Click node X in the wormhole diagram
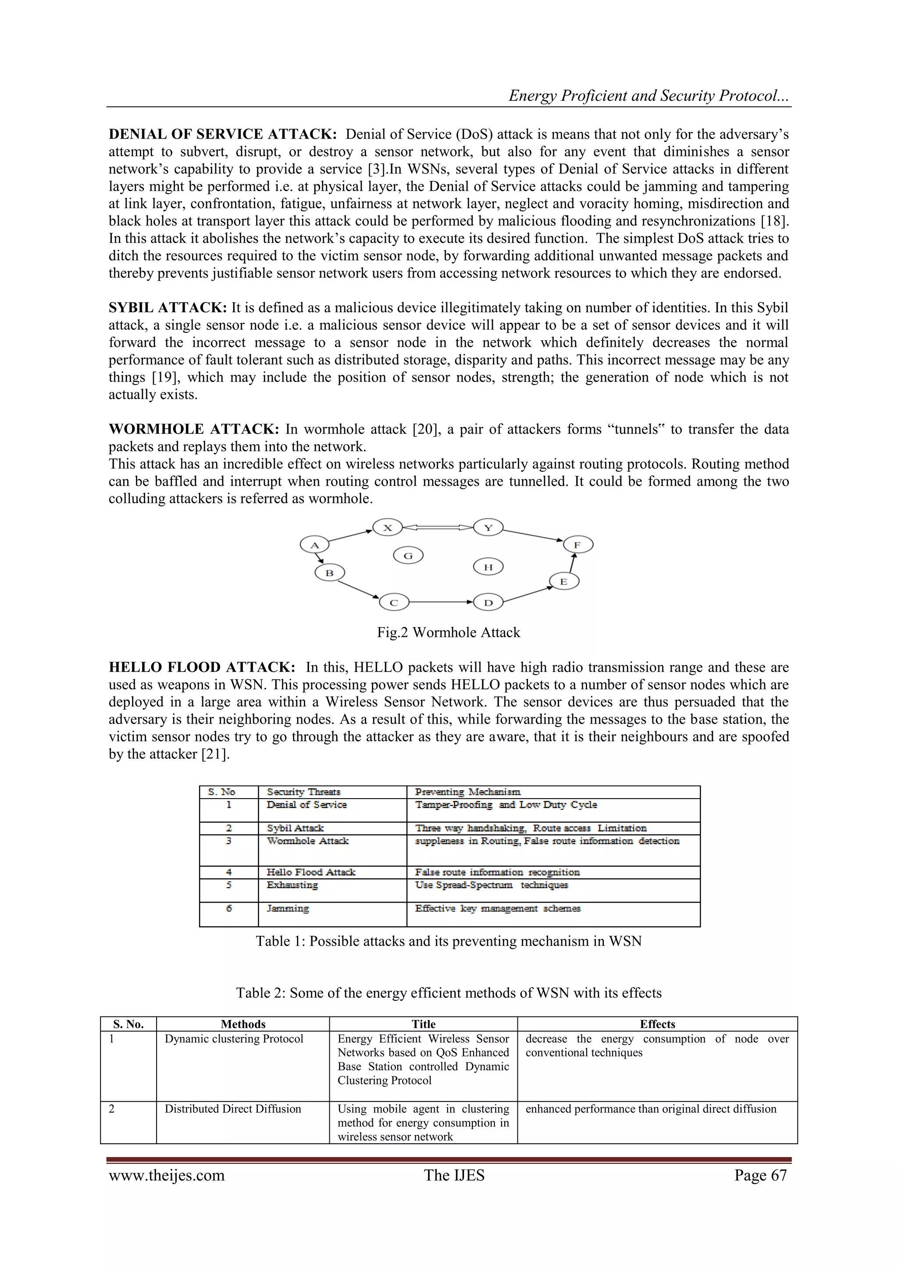click(387, 527)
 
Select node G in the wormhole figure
click(408, 555)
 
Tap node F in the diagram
click(578, 545)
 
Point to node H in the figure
click(488, 567)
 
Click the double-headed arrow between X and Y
click(438, 527)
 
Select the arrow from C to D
click(441, 602)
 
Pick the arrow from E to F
click(573, 564)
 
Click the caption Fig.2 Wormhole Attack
click(449, 632)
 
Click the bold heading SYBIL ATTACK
click(167, 307)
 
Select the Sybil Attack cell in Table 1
click(295, 828)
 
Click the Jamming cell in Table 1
click(288, 908)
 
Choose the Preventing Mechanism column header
click(467, 792)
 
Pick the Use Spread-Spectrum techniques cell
click(491, 885)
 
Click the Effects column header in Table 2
click(657, 1024)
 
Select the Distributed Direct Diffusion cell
click(233, 1109)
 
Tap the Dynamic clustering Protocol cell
click(234, 1039)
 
